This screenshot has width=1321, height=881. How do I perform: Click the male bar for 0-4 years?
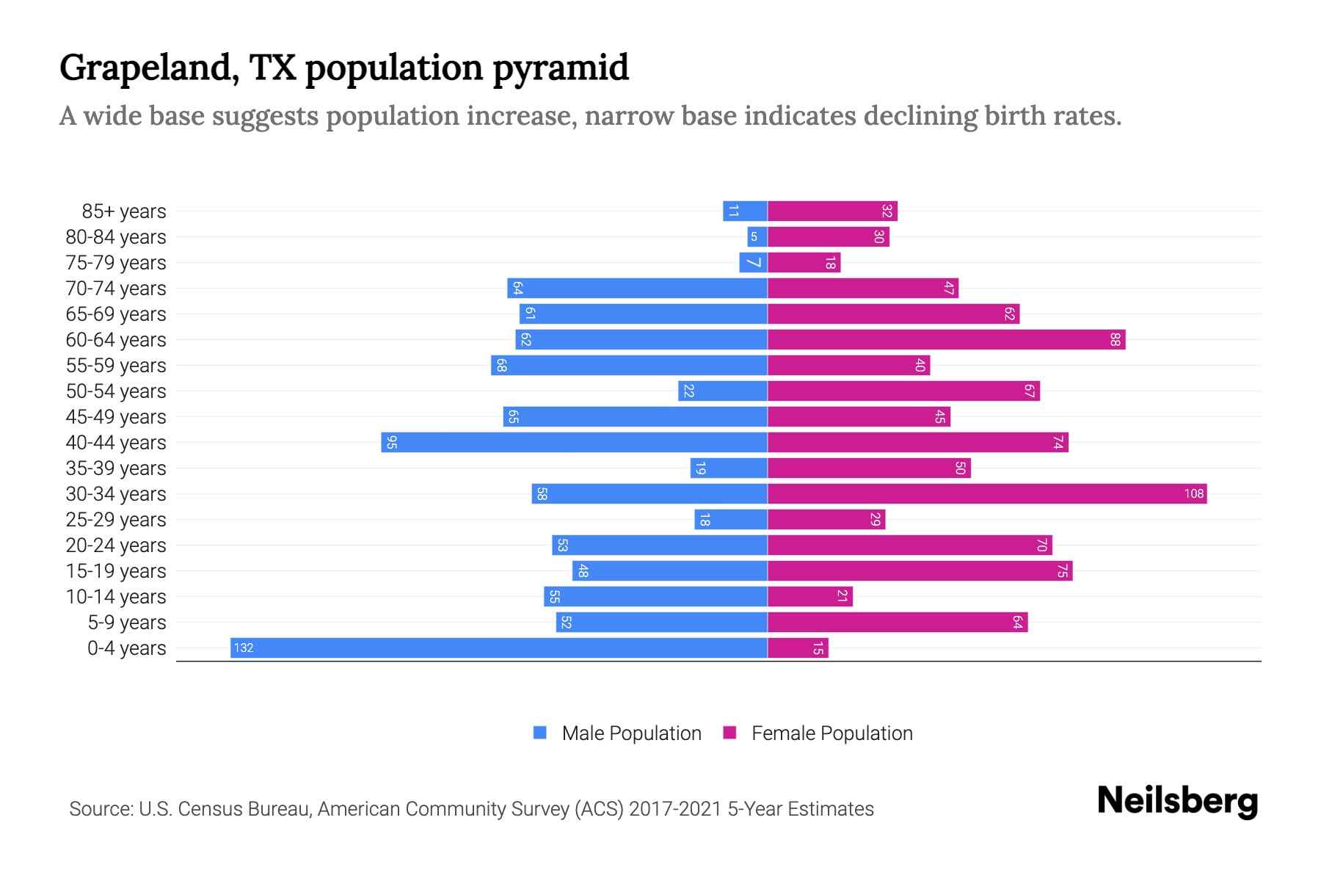pyautogui.click(x=499, y=648)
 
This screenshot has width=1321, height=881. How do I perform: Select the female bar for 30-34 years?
pyautogui.click(x=987, y=493)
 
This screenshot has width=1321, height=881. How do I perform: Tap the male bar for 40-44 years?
pyautogui.click(x=574, y=442)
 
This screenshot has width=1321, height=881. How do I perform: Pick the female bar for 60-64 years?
pyautogui.click(x=946, y=339)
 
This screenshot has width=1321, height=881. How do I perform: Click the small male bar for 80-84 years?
pyautogui.click(x=757, y=236)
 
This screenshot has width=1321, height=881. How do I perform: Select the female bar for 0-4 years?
pyautogui.click(x=798, y=648)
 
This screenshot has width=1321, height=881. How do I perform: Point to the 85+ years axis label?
pyautogui.click(x=124, y=211)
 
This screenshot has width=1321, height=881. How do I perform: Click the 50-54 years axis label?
pyautogui.click(x=116, y=391)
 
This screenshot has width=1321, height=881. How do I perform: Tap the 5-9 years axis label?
pyautogui.click(x=127, y=623)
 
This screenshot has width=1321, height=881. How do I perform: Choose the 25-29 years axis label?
pyautogui.click(x=116, y=520)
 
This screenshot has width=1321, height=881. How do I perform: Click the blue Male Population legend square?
pyautogui.click(x=540, y=733)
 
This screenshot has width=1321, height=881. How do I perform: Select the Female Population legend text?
pyautogui.click(x=831, y=733)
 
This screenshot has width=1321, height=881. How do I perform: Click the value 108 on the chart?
pyautogui.click(x=1193, y=493)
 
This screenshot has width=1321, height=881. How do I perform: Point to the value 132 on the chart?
pyautogui.click(x=244, y=648)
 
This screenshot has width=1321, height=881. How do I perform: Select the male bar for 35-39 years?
pyautogui.click(x=729, y=468)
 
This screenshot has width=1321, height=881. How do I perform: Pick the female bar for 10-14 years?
pyautogui.click(x=809, y=596)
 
